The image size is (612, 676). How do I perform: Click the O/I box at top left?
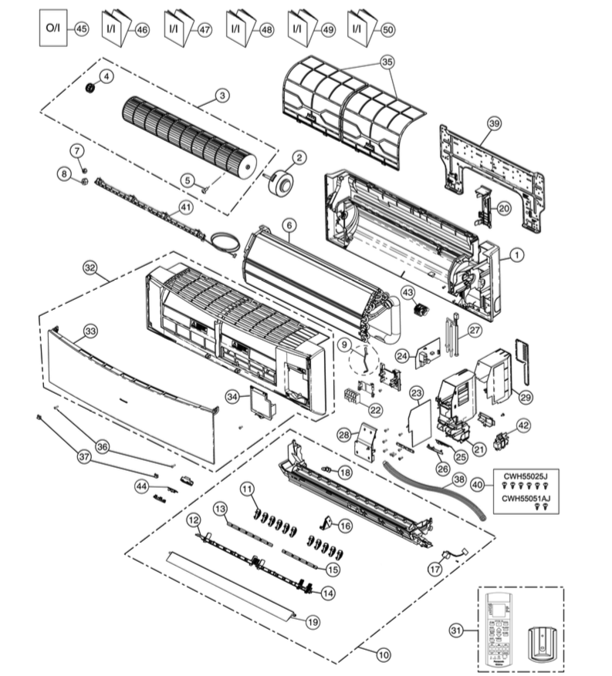point(52,29)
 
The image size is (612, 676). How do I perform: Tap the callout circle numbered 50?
point(387,29)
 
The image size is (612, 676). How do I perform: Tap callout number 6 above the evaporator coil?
point(289,225)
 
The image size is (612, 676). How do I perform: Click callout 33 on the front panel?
point(90,330)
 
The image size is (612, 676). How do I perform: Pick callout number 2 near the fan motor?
point(299,156)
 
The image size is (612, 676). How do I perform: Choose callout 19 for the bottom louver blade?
point(313,621)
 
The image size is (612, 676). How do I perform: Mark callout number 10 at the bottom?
point(383,654)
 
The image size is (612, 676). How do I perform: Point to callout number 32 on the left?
point(90,267)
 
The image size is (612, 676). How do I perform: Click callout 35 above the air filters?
point(387,60)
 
